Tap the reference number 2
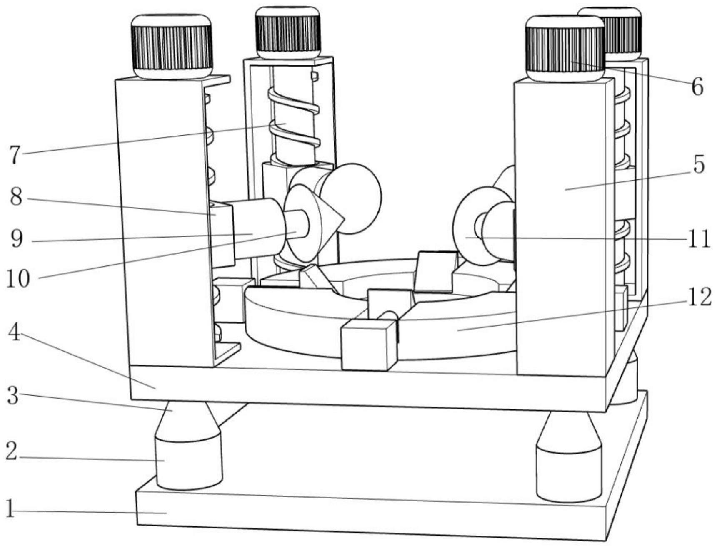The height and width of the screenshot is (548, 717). [x=11, y=451]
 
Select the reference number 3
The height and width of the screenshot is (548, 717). [x=13, y=396]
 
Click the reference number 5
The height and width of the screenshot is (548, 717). [x=698, y=165]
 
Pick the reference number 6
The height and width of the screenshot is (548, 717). [x=697, y=87]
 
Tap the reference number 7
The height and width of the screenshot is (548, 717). [x=14, y=155]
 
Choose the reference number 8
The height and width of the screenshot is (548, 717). [x=16, y=197]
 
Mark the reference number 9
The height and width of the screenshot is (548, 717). [x=16, y=239]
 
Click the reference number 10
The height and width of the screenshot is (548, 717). [x=18, y=279]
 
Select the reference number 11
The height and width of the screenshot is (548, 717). [x=698, y=239]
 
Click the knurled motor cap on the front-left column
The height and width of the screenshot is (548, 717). [x=172, y=46]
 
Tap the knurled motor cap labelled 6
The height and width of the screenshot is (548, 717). [x=565, y=48]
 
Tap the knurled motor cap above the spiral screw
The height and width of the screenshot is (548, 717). [x=288, y=32]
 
